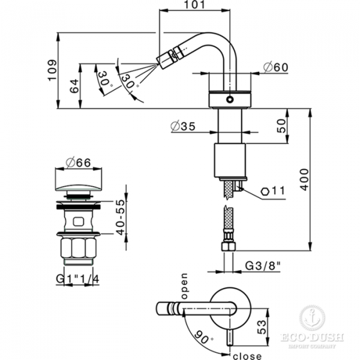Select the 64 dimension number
(74, 86)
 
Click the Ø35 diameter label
(183, 126)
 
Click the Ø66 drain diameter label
(78, 162)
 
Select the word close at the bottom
(244, 353)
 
